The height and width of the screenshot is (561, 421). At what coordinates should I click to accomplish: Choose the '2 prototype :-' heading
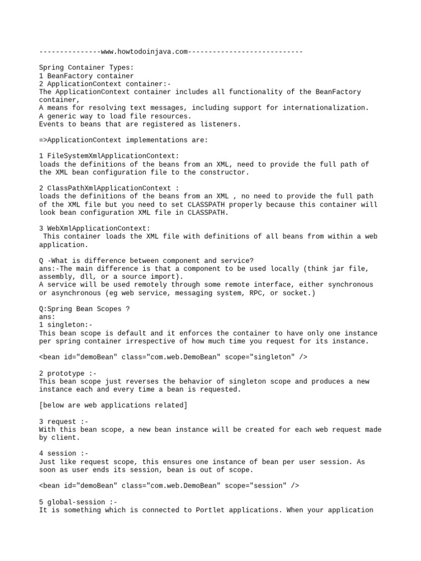tap(68, 373)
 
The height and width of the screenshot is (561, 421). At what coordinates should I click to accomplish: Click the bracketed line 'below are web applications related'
tap(113, 405)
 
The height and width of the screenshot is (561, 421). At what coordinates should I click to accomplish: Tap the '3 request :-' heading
tap(64, 421)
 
